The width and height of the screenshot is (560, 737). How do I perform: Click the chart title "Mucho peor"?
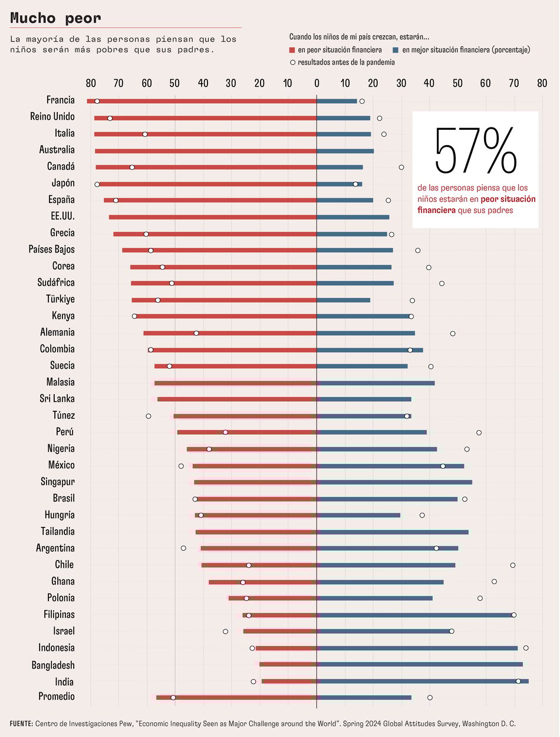pyautogui.click(x=56, y=18)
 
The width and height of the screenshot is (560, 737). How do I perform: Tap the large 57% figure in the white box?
pyautogui.click(x=475, y=150)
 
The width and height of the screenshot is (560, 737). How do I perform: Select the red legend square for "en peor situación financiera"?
pyautogui.click(x=292, y=50)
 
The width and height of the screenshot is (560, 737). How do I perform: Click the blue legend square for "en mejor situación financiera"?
pyautogui.click(x=396, y=50)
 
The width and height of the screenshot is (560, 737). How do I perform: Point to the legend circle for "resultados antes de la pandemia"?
pyautogui.click(x=292, y=62)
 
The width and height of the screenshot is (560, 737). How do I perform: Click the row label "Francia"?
pyautogui.click(x=60, y=100)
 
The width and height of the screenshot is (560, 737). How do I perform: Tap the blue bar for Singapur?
pyautogui.click(x=394, y=482)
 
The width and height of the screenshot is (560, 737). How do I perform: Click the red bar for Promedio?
pyautogui.click(x=236, y=697)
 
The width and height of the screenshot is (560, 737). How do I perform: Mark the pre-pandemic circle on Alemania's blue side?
pyautogui.click(x=453, y=333)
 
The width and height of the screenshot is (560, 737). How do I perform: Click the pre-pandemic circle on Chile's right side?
pyautogui.click(x=513, y=565)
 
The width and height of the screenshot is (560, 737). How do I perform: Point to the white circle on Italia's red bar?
pyautogui.click(x=145, y=135)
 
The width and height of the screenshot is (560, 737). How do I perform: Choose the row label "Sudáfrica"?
pyautogui.click(x=56, y=283)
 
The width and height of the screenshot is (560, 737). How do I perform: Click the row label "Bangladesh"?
pyautogui.click(x=53, y=665)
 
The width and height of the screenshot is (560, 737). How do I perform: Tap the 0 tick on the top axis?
pyautogui.click(x=317, y=83)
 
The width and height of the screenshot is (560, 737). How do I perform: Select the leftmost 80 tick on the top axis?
pyautogui.click(x=91, y=83)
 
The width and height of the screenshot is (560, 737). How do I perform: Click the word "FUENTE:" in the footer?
pyautogui.click(x=21, y=723)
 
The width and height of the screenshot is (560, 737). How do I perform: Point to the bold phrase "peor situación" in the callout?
pyautogui.click(x=512, y=199)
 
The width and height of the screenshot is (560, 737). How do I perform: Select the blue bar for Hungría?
pyautogui.click(x=358, y=515)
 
